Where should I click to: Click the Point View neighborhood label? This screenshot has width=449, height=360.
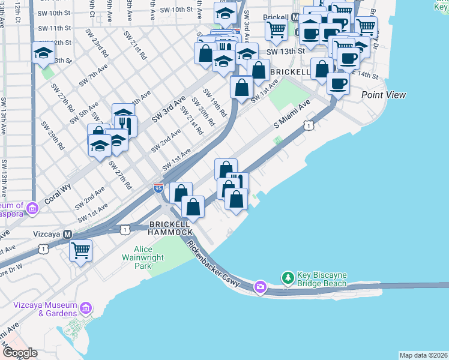point(384,95)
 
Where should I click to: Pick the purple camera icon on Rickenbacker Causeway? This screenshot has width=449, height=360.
point(260,287)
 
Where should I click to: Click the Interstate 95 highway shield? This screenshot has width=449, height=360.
point(158,188)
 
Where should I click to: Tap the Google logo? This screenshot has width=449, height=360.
point(19,353)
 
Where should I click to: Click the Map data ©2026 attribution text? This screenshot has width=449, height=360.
point(423,355)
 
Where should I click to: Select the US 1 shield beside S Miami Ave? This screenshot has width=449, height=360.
point(307,125)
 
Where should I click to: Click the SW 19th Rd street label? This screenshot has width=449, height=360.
point(214,103)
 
